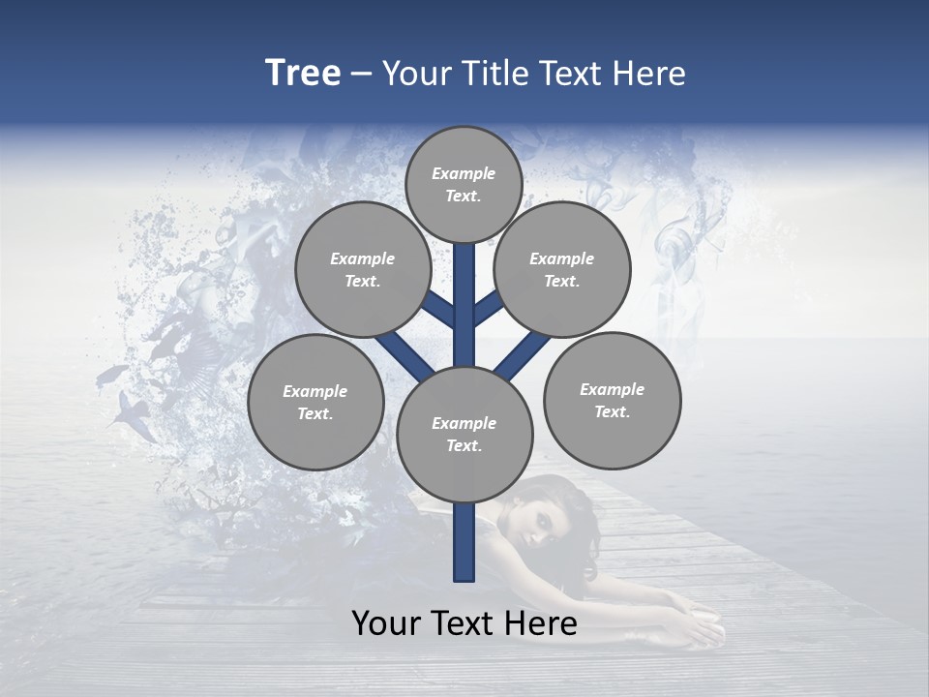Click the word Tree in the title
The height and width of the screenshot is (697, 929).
pyautogui.click(x=303, y=74)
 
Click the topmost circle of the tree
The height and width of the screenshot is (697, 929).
pyautogui.click(x=464, y=184)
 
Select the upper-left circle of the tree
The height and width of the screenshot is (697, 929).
pyautogui.click(x=362, y=270)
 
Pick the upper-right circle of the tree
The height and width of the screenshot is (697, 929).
pyautogui.click(x=561, y=270)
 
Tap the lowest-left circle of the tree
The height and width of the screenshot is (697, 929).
pyautogui.click(x=315, y=403)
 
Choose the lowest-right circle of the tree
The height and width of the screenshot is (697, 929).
pyautogui.click(x=612, y=401)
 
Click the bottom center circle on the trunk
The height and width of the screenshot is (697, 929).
pyautogui.click(x=464, y=435)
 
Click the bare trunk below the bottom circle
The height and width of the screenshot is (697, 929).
pyautogui.click(x=464, y=542)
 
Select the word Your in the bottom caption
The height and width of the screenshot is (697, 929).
pyautogui.click(x=388, y=623)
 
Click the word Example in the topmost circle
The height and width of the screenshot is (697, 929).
pyautogui.click(x=464, y=173)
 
